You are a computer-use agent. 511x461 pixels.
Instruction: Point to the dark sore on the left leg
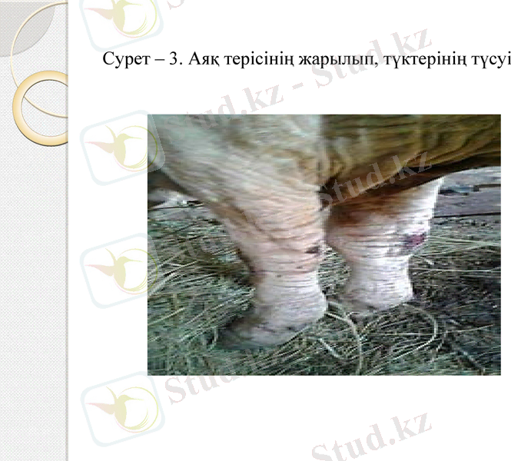pos(311,250)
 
